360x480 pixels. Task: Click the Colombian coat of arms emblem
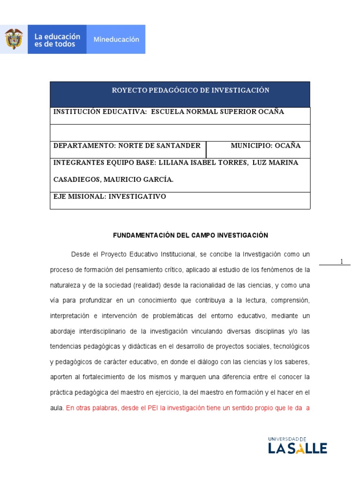coord(14,39)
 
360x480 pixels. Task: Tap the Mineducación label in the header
coord(116,40)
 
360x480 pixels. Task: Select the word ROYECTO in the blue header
coord(129,90)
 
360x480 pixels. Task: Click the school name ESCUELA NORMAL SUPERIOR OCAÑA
coord(217,112)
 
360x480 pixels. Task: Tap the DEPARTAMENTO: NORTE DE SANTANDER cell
coord(127,146)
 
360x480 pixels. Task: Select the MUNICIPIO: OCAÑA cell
coord(265,146)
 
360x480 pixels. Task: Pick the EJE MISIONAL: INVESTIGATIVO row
coord(110,197)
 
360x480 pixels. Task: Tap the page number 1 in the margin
coord(342,262)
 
